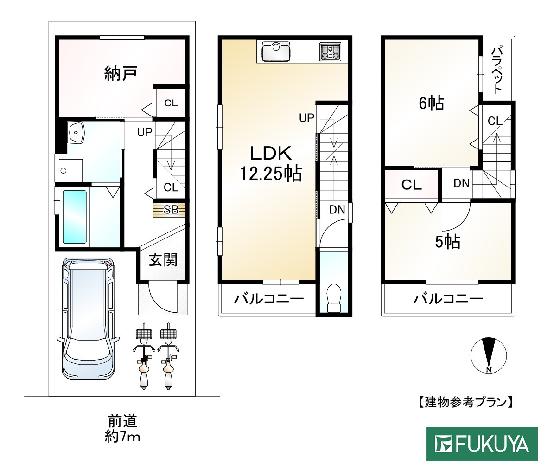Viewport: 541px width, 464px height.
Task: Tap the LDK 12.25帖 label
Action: click(x=270, y=163)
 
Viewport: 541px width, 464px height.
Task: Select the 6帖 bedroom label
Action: click(x=431, y=103)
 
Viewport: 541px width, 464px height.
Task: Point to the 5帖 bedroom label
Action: click(x=447, y=241)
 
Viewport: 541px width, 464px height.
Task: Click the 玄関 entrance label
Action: click(x=163, y=260)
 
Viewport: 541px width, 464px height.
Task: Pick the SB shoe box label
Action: click(x=170, y=210)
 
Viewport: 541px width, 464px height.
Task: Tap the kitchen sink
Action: click(x=276, y=51)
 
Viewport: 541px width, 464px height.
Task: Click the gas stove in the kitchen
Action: click(x=330, y=51)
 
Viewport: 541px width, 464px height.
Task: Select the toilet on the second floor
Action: click(x=333, y=297)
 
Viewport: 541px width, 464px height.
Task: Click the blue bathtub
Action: click(x=75, y=216)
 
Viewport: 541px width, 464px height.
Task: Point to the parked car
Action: click(x=88, y=317)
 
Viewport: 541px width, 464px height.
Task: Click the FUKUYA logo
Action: click(x=482, y=444)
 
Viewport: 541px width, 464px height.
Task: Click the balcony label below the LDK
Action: click(x=268, y=298)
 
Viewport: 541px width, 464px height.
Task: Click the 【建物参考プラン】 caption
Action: click(x=464, y=402)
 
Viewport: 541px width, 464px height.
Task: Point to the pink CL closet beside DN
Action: click(x=411, y=185)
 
